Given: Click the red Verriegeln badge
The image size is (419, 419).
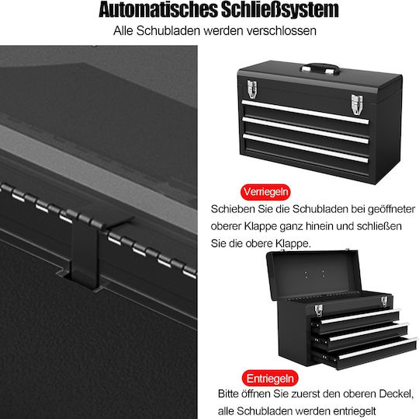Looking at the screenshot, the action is click(x=265, y=192).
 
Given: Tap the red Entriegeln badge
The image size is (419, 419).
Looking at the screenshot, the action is click(x=270, y=379).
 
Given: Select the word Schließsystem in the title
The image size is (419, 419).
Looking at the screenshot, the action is click(x=280, y=10).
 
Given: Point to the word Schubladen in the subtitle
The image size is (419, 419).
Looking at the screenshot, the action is click(x=168, y=31).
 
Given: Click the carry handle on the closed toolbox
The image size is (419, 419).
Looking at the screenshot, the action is click(x=320, y=68).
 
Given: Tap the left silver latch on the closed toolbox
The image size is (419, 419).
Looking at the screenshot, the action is click(x=252, y=89).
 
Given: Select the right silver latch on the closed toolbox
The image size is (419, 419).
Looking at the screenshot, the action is click(x=357, y=104).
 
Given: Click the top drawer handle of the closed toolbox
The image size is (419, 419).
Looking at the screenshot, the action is click(x=305, y=112).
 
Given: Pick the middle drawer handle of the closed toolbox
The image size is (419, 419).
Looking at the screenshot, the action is click(x=306, y=130).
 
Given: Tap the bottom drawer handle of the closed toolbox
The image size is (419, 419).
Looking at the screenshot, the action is click(x=306, y=148).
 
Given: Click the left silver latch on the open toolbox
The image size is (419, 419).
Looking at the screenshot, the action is click(x=319, y=310).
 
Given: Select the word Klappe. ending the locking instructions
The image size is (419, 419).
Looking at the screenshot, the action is click(x=293, y=243).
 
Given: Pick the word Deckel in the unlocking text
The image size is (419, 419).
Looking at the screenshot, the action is click(x=396, y=394).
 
